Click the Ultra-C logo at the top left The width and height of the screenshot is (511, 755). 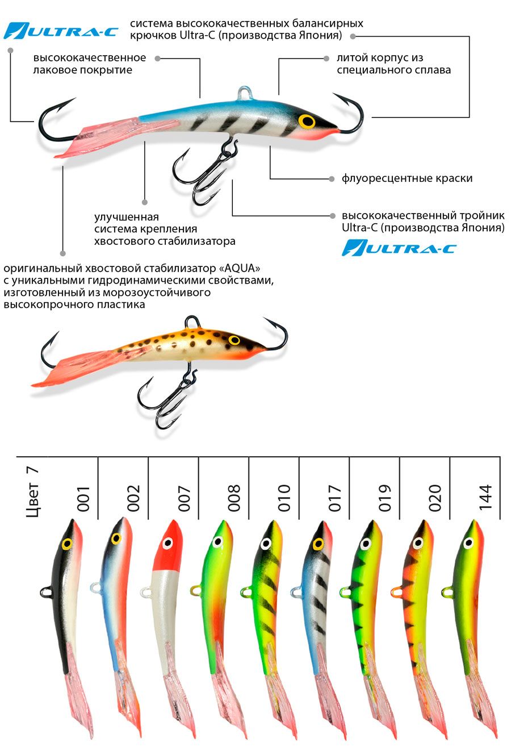tap(61, 31)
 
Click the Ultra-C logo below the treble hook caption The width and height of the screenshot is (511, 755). tap(399, 248)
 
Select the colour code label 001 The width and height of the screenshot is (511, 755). tap(83, 499)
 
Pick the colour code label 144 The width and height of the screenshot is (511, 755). tap(485, 497)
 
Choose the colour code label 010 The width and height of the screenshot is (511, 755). tap(284, 498)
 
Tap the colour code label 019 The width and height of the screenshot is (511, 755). tap(384, 498)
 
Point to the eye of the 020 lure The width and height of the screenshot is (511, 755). tap(418, 543)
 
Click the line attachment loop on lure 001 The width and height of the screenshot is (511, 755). tap(46, 592)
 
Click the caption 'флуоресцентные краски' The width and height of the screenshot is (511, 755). tap(407, 178)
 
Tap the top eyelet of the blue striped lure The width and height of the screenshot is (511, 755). tap(245, 93)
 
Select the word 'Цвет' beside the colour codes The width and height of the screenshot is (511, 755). tap(32, 499)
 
